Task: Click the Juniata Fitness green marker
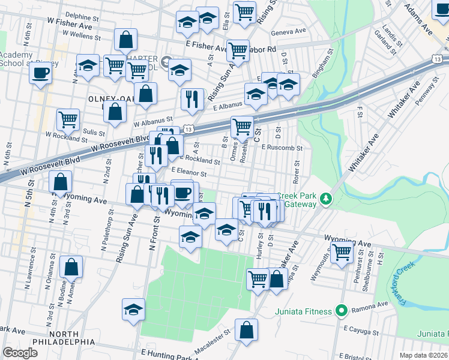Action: pyautogui.click(x=342, y=311)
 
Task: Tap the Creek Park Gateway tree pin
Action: pyautogui.click(x=326, y=198)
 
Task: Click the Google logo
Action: pyautogui.click(x=20, y=353)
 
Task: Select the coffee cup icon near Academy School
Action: pyautogui.click(x=40, y=73)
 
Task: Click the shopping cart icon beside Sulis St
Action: pyautogui.click(x=68, y=119)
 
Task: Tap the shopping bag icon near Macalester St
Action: pyautogui.click(x=246, y=329)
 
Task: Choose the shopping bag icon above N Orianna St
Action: pyautogui.click(x=71, y=267)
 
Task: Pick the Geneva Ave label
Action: pyautogui.click(x=285, y=34)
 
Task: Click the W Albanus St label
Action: pyautogui.click(x=152, y=119)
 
